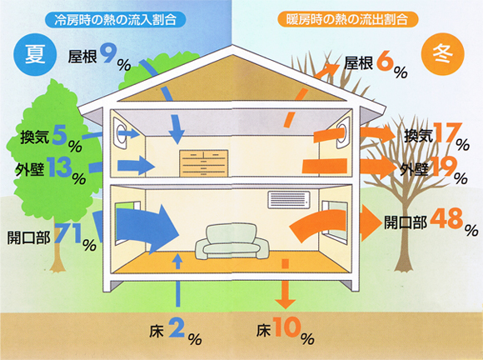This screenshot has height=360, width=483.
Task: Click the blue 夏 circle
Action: pos(35,54)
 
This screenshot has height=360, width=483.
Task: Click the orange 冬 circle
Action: pos(442,53)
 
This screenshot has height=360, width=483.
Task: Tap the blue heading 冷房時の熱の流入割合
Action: pos(115,20)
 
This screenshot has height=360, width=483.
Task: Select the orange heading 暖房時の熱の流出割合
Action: pos(347,19)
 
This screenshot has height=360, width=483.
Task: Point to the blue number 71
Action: pos(68,232)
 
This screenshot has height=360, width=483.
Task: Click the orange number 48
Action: pos(446,218)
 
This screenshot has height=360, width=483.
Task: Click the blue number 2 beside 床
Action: pos(177,328)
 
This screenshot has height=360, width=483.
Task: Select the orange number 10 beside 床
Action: pos(287,327)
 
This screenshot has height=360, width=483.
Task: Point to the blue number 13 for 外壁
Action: pos(59,167)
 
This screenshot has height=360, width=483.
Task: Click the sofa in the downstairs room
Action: pos(232,242)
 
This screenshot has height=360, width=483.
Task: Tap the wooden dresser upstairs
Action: pos(204,163)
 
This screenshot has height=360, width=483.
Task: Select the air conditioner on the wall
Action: pos(289,200)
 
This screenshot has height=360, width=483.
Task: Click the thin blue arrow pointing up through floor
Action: pos(177,280)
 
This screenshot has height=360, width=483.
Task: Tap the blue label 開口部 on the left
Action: pos(28,237)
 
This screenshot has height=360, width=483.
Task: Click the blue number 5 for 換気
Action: pos(59,135)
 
